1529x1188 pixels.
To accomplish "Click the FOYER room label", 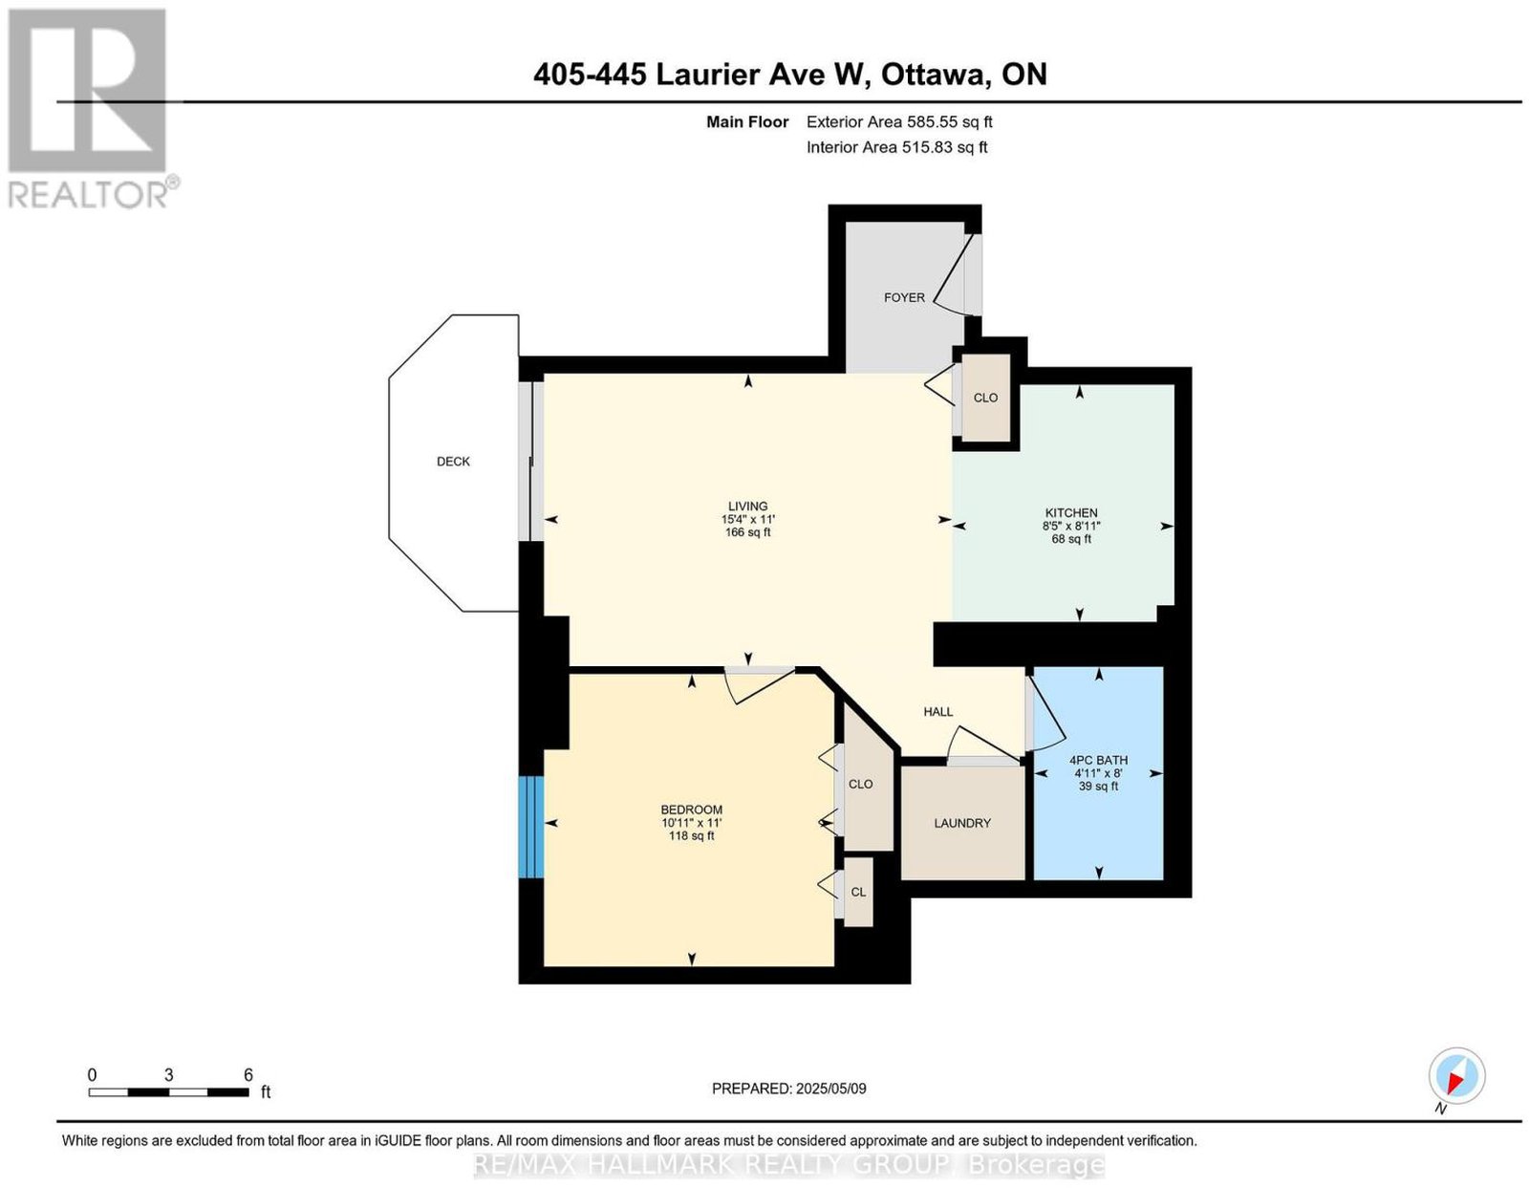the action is [903, 297].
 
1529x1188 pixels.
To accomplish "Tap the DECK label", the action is [453, 462].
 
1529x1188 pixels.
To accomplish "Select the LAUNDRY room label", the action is [962, 823].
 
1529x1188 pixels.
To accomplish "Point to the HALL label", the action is [938, 712].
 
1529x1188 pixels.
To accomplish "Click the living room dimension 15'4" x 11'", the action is [747, 519].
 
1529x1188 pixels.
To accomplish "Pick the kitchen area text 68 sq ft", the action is [1071, 539].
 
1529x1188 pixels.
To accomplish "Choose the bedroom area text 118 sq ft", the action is [691, 835].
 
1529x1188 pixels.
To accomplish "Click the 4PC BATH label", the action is [1098, 760].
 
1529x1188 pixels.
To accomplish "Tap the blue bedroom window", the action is [531, 827].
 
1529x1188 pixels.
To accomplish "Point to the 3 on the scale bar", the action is [168, 1075].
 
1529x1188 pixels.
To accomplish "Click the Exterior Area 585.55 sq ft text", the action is [899, 121].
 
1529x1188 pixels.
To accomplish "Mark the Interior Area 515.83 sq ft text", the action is [897, 147].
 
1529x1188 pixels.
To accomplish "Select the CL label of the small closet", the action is [858, 892].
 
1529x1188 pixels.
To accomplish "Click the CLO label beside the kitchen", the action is [985, 398].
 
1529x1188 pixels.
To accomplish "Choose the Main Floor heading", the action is [747, 121].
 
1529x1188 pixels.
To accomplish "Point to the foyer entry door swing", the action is [950, 274].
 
